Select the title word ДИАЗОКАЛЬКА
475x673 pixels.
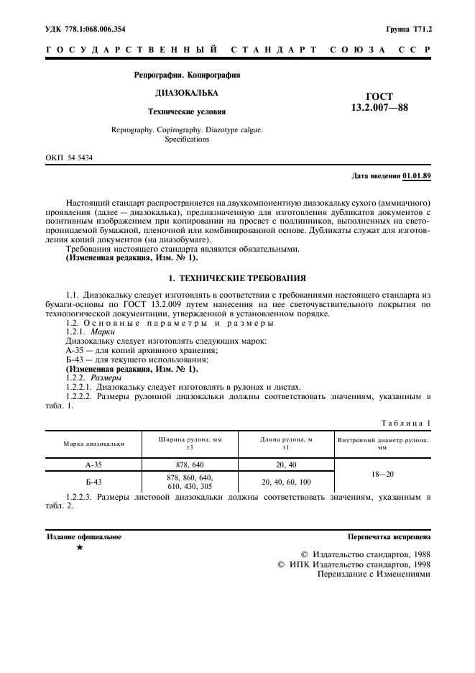tap(187, 93)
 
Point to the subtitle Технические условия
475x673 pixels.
tap(187, 112)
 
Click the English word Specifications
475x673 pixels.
tap(187, 139)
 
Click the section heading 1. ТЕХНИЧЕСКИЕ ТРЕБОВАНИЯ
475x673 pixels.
tap(237, 277)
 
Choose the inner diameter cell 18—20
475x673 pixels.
tap(383, 475)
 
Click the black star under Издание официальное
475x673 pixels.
tap(80, 548)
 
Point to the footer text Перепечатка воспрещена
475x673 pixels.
tap(389, 536)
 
